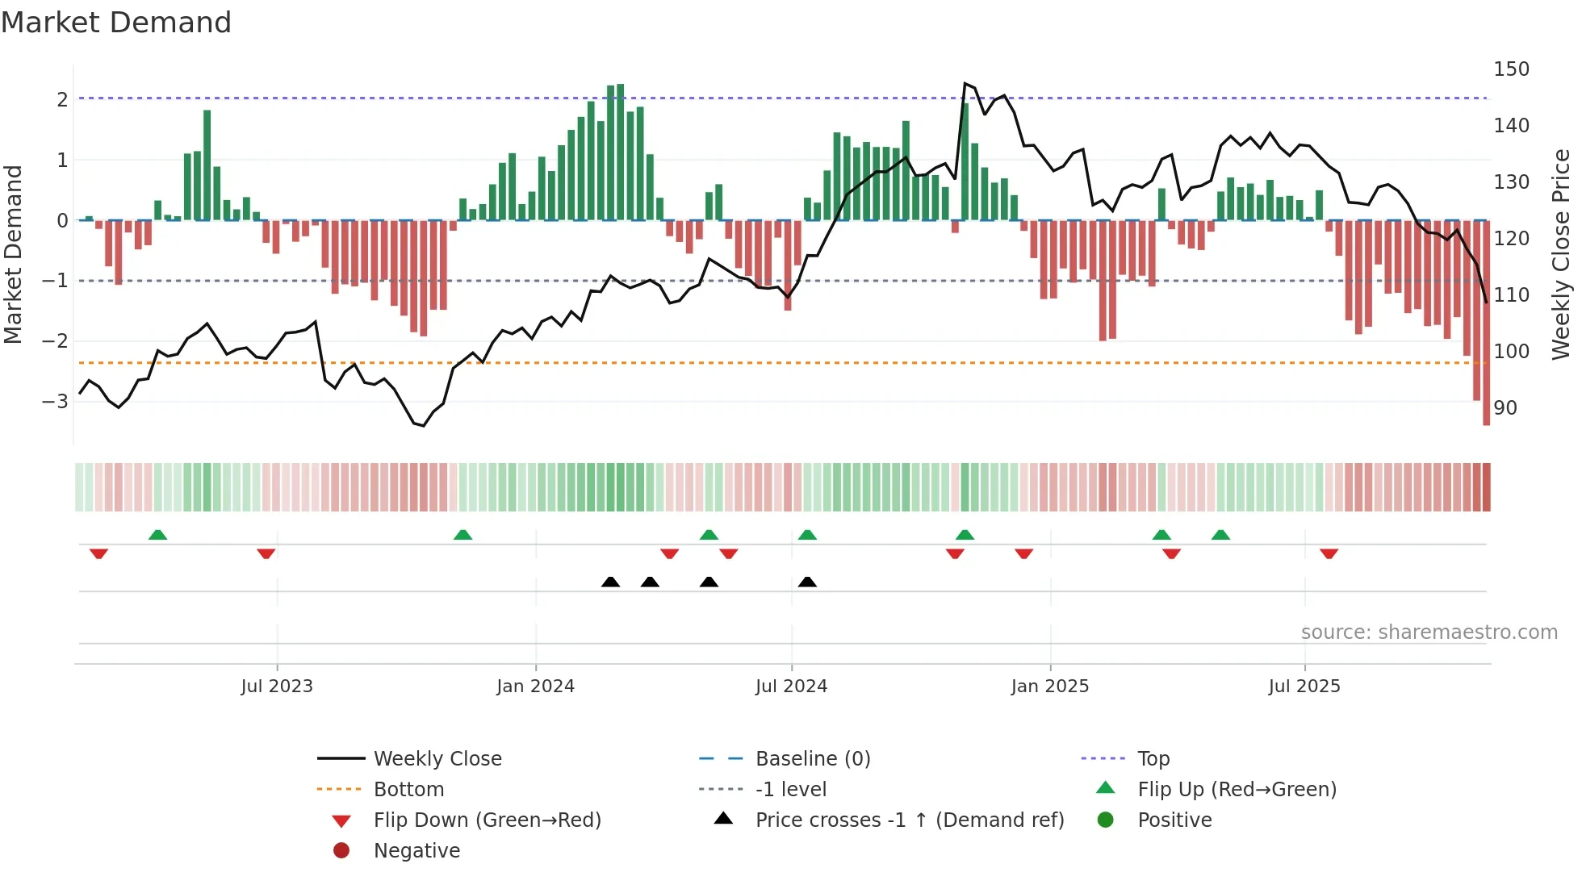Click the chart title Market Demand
coord(116,23)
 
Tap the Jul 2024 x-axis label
coord(791,687)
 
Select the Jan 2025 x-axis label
coord(1049,687)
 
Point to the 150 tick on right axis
coord(1511,69)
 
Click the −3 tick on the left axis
coord(56,401)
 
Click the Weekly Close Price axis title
coord(1561,254)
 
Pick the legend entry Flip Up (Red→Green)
coord(1237,789)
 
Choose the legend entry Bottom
coord(408,789)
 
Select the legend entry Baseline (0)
coord(812,758)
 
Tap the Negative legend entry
coord(416,850)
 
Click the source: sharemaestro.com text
coord(1429,632)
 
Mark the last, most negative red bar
coord(1486,323)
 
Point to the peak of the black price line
coord(965,84)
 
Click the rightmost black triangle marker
coord(807,582)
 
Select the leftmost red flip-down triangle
coord(98,553)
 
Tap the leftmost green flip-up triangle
coord(158,535)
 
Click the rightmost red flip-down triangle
coord(1329,553)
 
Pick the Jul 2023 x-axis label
coord(277,687)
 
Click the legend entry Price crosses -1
coord(909,820)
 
